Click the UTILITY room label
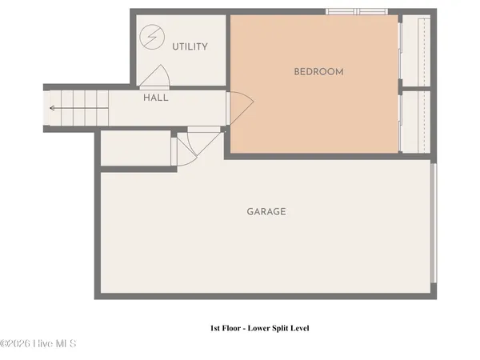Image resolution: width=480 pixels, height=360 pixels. (190, 46)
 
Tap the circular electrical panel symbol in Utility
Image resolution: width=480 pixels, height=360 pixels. (150, 37)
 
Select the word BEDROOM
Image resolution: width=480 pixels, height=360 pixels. (318, 72)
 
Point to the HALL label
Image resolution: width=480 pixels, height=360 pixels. (155, 98)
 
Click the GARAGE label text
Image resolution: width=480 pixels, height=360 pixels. (266, 212)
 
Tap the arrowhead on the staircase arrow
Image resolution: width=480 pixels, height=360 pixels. (51, 108)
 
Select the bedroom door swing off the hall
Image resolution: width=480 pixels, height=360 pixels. (240, 106)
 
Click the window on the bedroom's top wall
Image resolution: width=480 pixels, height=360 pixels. (357, 11)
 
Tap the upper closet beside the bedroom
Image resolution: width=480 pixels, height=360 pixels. (414, 50)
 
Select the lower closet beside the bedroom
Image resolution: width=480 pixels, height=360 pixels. (414, 122)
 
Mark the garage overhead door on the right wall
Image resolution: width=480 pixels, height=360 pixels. (434, 224)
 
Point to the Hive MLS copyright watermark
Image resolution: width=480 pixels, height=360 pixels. (38, 344)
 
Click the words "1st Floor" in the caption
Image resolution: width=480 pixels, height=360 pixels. (219, 328)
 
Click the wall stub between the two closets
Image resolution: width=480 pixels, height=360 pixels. (414, 88)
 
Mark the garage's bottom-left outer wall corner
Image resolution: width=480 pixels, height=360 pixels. (97, 297)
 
